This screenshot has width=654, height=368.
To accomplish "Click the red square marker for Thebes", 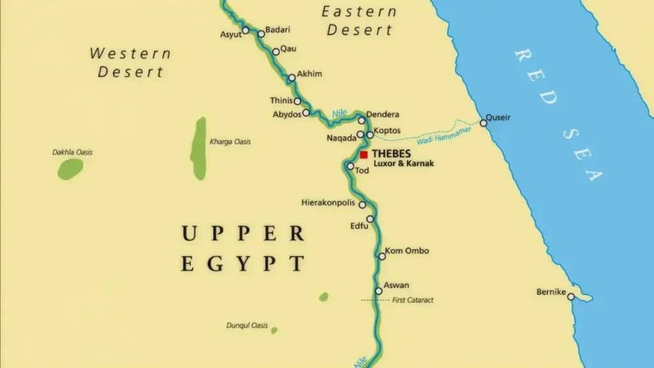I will pyautogui.click(x=363, y=155).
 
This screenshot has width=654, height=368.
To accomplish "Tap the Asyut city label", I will pyautogui.click(x=231, y=34).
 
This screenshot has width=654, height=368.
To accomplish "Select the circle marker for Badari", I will pyautogui.click(x=261, y=34).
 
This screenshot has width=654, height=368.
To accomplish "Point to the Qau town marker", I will pyautogui.click(x=276, y=52).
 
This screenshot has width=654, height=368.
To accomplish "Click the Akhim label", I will pyautogui.click(x=310, y=74).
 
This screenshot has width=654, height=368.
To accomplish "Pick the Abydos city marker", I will pyautogui.click(x=306, y=113).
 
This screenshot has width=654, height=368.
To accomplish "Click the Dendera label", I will pyautogui.click(x=383, y=114).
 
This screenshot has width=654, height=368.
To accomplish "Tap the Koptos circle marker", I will pyautogui.click(x=370, y=135).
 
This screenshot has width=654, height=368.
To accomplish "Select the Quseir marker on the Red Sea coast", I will pyautogui.click(x=483, y=123).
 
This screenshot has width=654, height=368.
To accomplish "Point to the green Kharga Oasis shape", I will pyautogui.click(x=199, y=148).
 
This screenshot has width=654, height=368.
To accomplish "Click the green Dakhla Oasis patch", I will pyautogui.click(x=70, y=169).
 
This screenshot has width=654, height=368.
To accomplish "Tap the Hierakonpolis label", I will pyautogui.click(x=328, y=203).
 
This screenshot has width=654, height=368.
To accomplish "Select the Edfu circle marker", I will pyautogui.click(x=370, y=219).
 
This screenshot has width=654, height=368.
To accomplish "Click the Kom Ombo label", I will pyautogui.click(x=407, y=251).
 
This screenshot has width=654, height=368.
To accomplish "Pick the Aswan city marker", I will pyautogui.click(x=379, y=291).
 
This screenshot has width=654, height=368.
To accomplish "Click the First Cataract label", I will pyautogui.click(x=413, y=300).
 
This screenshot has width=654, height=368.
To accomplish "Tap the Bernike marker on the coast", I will pyautogui.click(x=571, y=296).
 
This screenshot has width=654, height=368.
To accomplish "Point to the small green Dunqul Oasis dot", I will pyautogui.click(x=274, y=330).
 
